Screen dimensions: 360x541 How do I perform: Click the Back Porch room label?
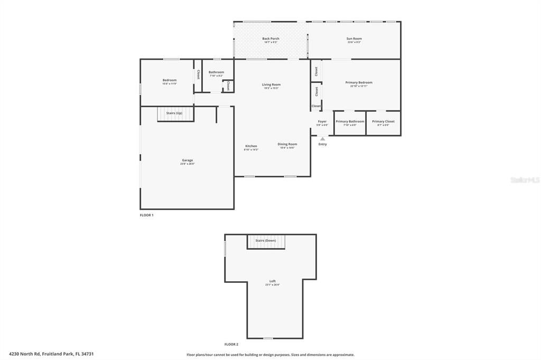tap(270, 39)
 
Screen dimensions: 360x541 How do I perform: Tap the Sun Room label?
tap(354, 39)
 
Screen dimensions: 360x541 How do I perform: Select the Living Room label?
tap(271, 85)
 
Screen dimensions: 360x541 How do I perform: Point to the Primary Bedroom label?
tap(359, 83)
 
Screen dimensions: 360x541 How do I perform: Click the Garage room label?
tap(188, 160)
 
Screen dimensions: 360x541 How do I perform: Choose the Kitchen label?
tap(251, 146)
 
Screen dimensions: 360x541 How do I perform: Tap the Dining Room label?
tap(287, 145)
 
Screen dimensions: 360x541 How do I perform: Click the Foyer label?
tap(322, 122)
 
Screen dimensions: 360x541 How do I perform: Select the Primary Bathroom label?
tap(350, 122)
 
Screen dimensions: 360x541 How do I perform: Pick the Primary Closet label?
tap(383, 122)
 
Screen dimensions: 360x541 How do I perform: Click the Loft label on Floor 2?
tap(272, 281)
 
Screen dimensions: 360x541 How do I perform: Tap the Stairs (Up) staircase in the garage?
tap(174, 113)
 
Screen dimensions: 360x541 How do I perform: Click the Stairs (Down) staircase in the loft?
tap(266, 241)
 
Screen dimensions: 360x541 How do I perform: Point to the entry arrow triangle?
tap(322, 139)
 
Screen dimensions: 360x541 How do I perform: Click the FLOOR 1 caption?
tap(146, 215)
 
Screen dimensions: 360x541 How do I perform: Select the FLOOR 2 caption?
tap(231, 344)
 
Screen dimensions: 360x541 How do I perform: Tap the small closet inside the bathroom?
tap(228, 86)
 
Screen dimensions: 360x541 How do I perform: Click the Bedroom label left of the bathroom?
tap(169, 81)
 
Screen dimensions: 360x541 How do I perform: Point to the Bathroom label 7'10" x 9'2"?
tap(216, 73)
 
